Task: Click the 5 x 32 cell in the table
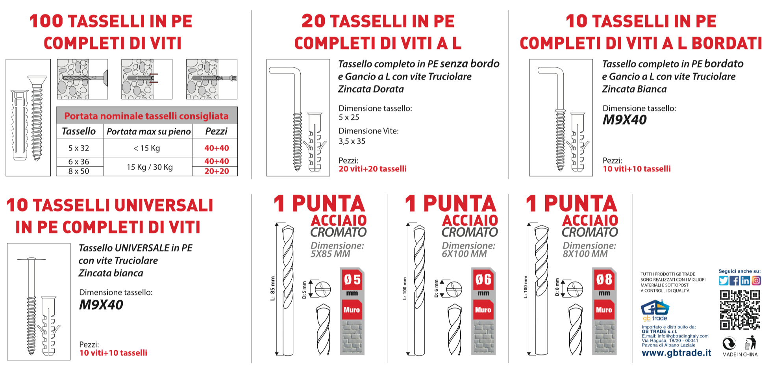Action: click(x=79, y=148)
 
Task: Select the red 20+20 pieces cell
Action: click(x=217, y=171)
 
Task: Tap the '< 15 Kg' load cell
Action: click(x=147, y=148)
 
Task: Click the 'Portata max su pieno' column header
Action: click(x=148, y=132)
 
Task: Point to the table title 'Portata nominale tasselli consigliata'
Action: click(x=146, y=116)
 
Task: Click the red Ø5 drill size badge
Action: click(x=352, y=280)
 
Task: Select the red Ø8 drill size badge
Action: click(x=604, y=280)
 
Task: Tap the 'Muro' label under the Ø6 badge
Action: click(x=483, y=310)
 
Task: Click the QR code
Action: click(x=740, y=310)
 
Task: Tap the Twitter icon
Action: click(x=723, y=280)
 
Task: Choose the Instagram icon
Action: click(x=756, y=280)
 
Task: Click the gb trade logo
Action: click(x=655, y=310)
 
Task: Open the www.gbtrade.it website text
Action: click(x=676, y=353)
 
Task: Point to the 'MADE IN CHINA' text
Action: click(x=740, y=354)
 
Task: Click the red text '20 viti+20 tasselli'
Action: click(x=372, y=169)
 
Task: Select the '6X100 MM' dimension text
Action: click(x=464, y=254)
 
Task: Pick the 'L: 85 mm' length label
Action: click(x=272, y=288)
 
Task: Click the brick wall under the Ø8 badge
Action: click(x=604, y=337)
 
